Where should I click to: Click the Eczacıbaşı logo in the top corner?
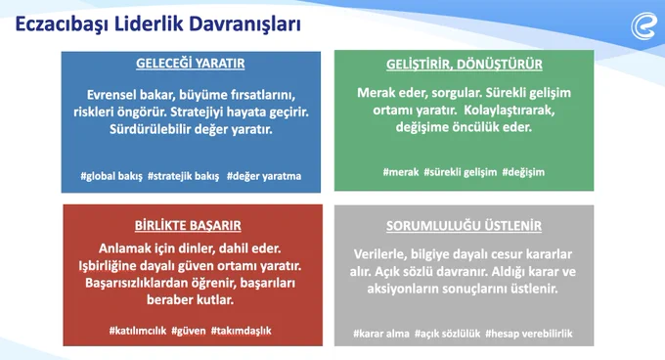pos(643,26)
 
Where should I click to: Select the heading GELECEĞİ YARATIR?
pos(191,64)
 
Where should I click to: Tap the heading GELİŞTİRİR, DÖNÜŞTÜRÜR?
pos(464,65)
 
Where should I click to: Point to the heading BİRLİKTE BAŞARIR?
pos(188,225)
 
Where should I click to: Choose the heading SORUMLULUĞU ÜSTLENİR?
pos(464,226)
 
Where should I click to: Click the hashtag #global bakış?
pos(111,176)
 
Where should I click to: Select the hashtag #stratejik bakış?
pos(183,176)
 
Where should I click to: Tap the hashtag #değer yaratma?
pos(264,176)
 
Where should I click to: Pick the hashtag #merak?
pos(401,172)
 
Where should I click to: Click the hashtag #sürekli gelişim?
pos(461,172)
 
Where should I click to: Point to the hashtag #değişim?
pos(523,172)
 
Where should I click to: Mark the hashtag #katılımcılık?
pos(138,331)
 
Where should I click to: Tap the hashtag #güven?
pos(189,331)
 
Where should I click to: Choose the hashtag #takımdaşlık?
pos(241,331)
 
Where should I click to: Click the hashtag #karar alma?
pos(381,334)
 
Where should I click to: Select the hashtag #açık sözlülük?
pos(448,334)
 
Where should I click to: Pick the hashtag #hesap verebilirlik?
pos(529,334)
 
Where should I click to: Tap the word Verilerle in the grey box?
pos(377,254)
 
